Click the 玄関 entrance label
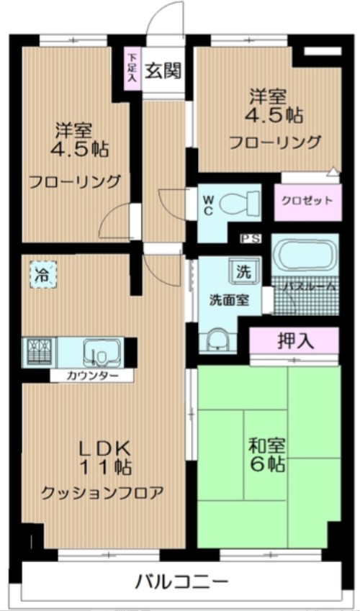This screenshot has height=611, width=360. (x=163, y=71)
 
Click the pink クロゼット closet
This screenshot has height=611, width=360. (x=307, y=201)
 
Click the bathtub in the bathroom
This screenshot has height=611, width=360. (x=305, y=257)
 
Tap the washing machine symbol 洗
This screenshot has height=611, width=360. (x=243, y=272)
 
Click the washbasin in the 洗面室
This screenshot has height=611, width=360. (x=216, y=338)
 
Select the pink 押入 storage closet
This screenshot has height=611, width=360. (x=295, y=340)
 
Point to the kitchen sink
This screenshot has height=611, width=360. (x=98, y=353)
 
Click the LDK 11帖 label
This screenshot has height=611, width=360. (x=104, y=456)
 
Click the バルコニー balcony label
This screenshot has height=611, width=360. (x=181, y=581)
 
